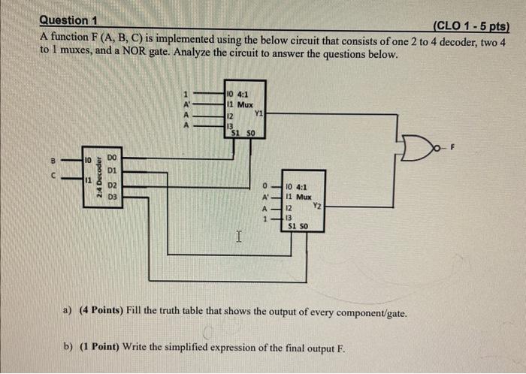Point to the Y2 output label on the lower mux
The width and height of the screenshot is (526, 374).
pos(317,205)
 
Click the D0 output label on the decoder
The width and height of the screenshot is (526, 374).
pos(112,157)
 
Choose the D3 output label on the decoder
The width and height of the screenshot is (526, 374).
pos(112,197)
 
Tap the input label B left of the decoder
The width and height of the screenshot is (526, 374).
pos(53,159)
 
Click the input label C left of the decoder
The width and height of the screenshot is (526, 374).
pos(53,178)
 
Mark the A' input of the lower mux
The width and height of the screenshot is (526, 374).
pos(265,197)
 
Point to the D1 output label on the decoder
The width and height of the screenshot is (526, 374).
pos(112,170)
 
